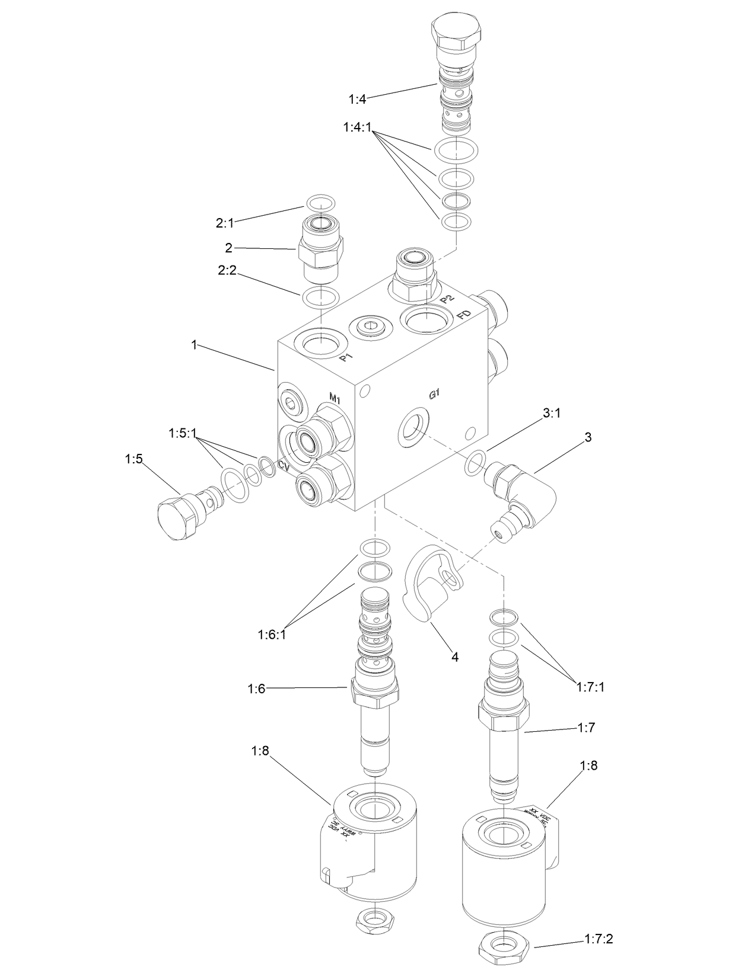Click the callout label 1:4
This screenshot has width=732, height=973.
coord(358,99)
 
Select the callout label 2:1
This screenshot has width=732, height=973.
coord(225,223)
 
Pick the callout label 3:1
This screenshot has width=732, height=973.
coord(552,414)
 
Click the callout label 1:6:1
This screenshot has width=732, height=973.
coord(272,635)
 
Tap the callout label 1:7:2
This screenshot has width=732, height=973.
coord(598,939)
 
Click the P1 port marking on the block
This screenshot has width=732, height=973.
coord(346,358)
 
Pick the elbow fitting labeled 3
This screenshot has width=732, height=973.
coord(522,492)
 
